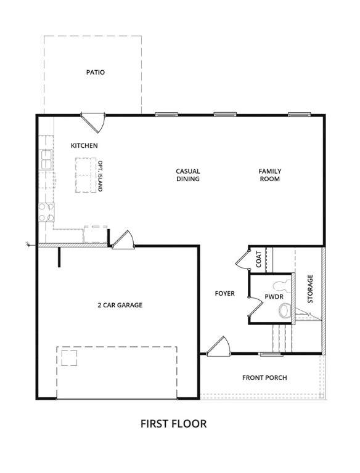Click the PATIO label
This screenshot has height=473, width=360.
(96, 73)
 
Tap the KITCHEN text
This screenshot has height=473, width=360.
(84, 146)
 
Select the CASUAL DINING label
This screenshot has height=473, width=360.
(188, 175)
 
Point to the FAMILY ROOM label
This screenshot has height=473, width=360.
(270, 175)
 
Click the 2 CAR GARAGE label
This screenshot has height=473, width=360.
(120, 305)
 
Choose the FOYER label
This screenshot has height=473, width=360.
(225, 294)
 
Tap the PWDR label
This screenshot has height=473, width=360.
(274, 297)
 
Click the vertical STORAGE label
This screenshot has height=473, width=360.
(310, 289)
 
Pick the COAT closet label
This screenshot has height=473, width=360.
(259, 259)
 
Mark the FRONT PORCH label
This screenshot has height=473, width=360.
(264, 378)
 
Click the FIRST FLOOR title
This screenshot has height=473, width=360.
(174, 424)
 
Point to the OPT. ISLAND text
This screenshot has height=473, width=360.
(100, 176)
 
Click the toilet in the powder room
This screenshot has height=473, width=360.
(285, 310)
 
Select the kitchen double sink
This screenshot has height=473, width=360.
(46, 160)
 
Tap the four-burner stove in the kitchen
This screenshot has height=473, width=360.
(46, 212)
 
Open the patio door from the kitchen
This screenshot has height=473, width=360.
(93, 122)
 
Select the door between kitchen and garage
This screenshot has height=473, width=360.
(122, 240)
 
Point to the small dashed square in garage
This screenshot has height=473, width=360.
(69, 358)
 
